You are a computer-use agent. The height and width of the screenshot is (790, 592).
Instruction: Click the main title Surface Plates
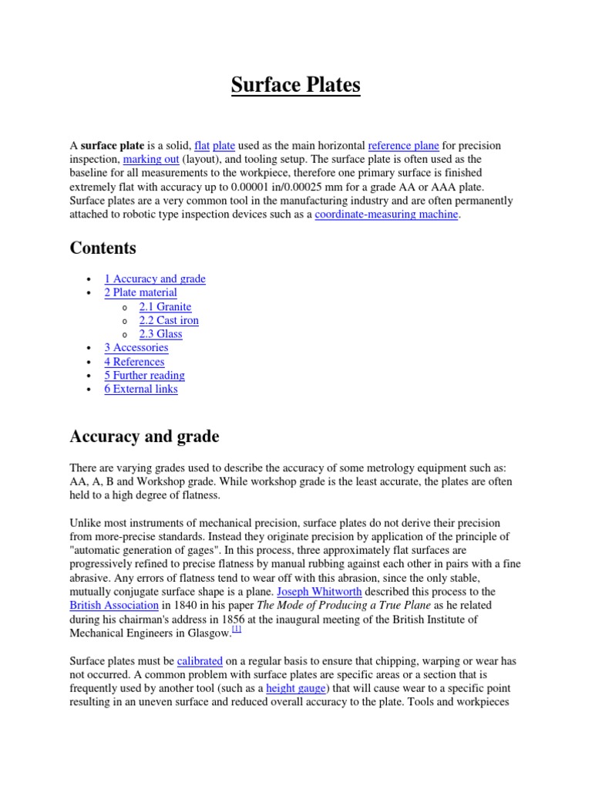click(296, 85)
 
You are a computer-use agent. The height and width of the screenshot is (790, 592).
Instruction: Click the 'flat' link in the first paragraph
click(203, 145)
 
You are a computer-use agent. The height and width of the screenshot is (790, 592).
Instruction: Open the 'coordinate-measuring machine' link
click(387, 214)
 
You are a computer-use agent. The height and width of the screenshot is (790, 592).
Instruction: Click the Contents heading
click(103, 248)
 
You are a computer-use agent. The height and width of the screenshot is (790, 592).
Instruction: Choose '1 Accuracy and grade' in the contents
click(155, 279)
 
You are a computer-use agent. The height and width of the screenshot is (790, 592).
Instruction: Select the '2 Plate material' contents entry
click(140, 292)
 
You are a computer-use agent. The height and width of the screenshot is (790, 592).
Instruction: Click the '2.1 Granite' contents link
click(165, 306)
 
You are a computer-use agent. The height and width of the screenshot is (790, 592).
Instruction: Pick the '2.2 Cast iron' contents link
click(169, 320)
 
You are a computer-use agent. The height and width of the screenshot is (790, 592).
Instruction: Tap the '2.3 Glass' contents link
click(160, 334)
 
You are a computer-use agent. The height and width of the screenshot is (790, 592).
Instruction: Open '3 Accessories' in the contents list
click(136, 348)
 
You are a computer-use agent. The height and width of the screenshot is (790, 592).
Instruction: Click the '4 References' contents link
click(134, 362)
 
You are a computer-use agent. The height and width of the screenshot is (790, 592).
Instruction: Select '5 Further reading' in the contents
click(145, 376)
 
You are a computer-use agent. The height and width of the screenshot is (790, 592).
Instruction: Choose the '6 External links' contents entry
click(141, 390)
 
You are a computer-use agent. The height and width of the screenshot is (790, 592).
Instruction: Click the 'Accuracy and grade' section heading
click(144, 437)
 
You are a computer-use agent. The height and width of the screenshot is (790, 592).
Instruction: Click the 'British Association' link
click(114, 606)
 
